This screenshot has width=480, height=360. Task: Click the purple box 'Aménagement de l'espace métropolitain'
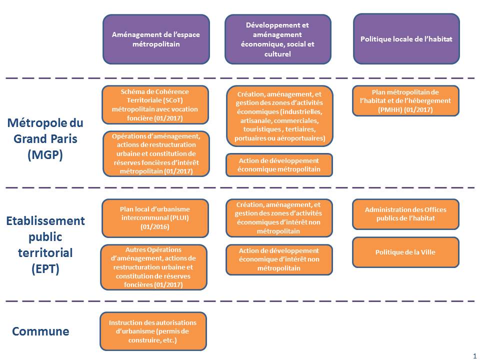[156, 39]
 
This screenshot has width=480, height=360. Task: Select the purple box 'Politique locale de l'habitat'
[406, 38]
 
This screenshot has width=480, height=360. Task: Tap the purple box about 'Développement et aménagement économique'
[277, 39]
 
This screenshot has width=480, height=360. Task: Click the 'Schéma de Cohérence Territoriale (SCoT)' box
[155, 104]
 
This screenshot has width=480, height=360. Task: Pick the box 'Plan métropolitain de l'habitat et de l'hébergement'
[405, 100]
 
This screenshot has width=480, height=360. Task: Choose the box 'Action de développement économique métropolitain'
[279, 165]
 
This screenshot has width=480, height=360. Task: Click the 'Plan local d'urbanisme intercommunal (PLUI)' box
[155, 218]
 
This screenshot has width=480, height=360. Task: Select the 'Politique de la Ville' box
[405, 252]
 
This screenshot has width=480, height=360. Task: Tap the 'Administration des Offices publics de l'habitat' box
[405, 214]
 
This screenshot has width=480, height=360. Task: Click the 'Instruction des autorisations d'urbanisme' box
[153, 331]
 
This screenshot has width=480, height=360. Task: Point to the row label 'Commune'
[40, 331]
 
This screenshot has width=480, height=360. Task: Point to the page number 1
[474, 355]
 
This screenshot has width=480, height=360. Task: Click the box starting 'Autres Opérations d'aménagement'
[153, 267]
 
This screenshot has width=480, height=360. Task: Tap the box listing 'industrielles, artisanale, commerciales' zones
[279, 116]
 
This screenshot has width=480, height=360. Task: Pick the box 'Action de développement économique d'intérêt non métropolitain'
[279, 259]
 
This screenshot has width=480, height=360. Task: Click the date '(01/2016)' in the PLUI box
[155, 226]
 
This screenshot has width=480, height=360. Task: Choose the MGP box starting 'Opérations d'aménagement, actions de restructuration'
[156, 153]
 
